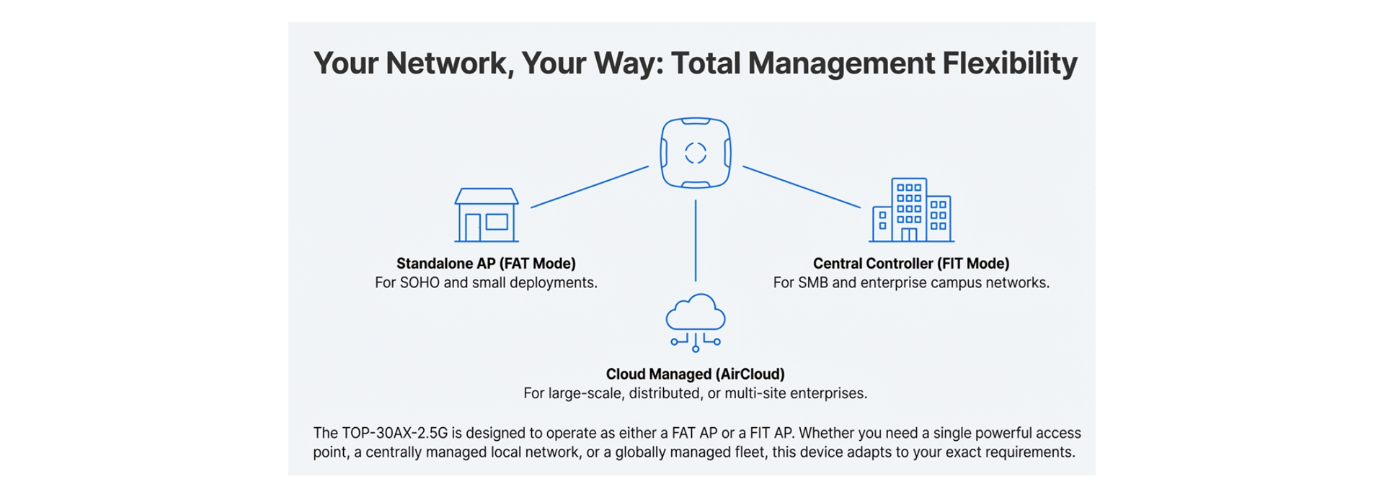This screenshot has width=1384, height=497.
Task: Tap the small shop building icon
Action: click(487, 215)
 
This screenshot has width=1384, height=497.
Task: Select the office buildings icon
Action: click(911, 210)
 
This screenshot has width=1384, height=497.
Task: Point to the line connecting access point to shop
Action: click(590, 187)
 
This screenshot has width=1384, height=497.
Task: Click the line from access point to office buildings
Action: click(802, 187)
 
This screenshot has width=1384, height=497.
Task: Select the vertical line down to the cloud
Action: click(696, 240)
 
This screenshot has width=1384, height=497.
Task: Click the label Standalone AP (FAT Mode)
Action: click(486, 264)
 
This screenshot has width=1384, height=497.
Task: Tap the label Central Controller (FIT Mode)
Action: click(911, 264)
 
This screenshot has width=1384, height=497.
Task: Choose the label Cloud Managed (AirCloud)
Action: click(695, 375)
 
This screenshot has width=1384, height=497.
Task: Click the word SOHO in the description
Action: click(420, 283)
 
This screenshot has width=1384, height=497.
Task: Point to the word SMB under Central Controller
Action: click(813, 283)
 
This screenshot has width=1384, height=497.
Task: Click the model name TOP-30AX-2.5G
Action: click(394, 433)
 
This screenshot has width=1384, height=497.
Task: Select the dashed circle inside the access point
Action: click(696, 153)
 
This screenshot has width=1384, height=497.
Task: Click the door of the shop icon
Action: click(473, 228)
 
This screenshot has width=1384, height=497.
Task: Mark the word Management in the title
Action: click(841, 63)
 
